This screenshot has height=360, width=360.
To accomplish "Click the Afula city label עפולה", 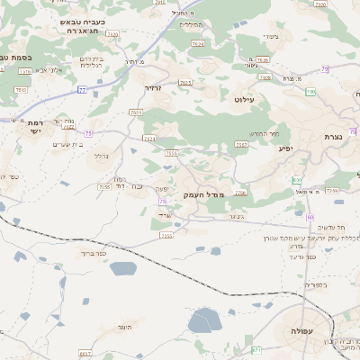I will [300, 331].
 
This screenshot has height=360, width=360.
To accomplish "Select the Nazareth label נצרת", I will [333, 137].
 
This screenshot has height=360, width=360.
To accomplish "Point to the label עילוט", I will [244, 100].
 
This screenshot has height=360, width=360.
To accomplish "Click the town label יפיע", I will [286, 148].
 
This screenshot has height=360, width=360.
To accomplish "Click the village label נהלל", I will [102, 156].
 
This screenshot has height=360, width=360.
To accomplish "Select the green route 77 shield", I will [82, 90].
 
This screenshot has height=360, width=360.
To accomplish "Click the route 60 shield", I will [309, 217].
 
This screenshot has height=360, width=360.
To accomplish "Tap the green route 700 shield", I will [310, 92].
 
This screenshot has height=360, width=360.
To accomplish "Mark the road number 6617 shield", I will [85, 353].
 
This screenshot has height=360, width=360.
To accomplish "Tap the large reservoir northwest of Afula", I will [204, 320].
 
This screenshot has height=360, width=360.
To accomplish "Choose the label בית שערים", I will [68, 145].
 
